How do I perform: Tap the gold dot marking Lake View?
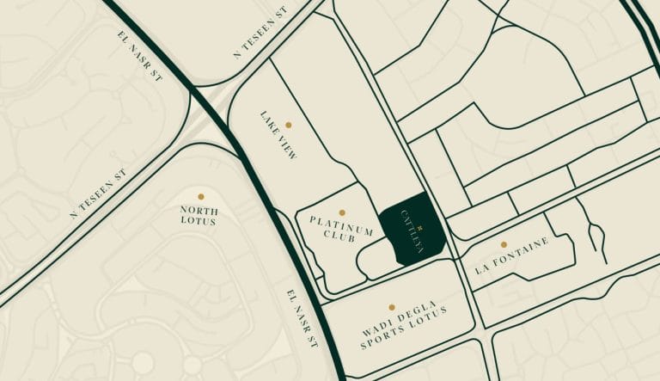288,125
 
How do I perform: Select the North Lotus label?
199,215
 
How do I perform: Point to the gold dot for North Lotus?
201,196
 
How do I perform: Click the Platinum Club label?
341,230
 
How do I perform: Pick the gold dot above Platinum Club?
342,212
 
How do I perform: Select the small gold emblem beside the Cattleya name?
420,205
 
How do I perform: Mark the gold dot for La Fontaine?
504,244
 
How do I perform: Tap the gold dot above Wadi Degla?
392,306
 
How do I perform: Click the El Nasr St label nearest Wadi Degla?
302,319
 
